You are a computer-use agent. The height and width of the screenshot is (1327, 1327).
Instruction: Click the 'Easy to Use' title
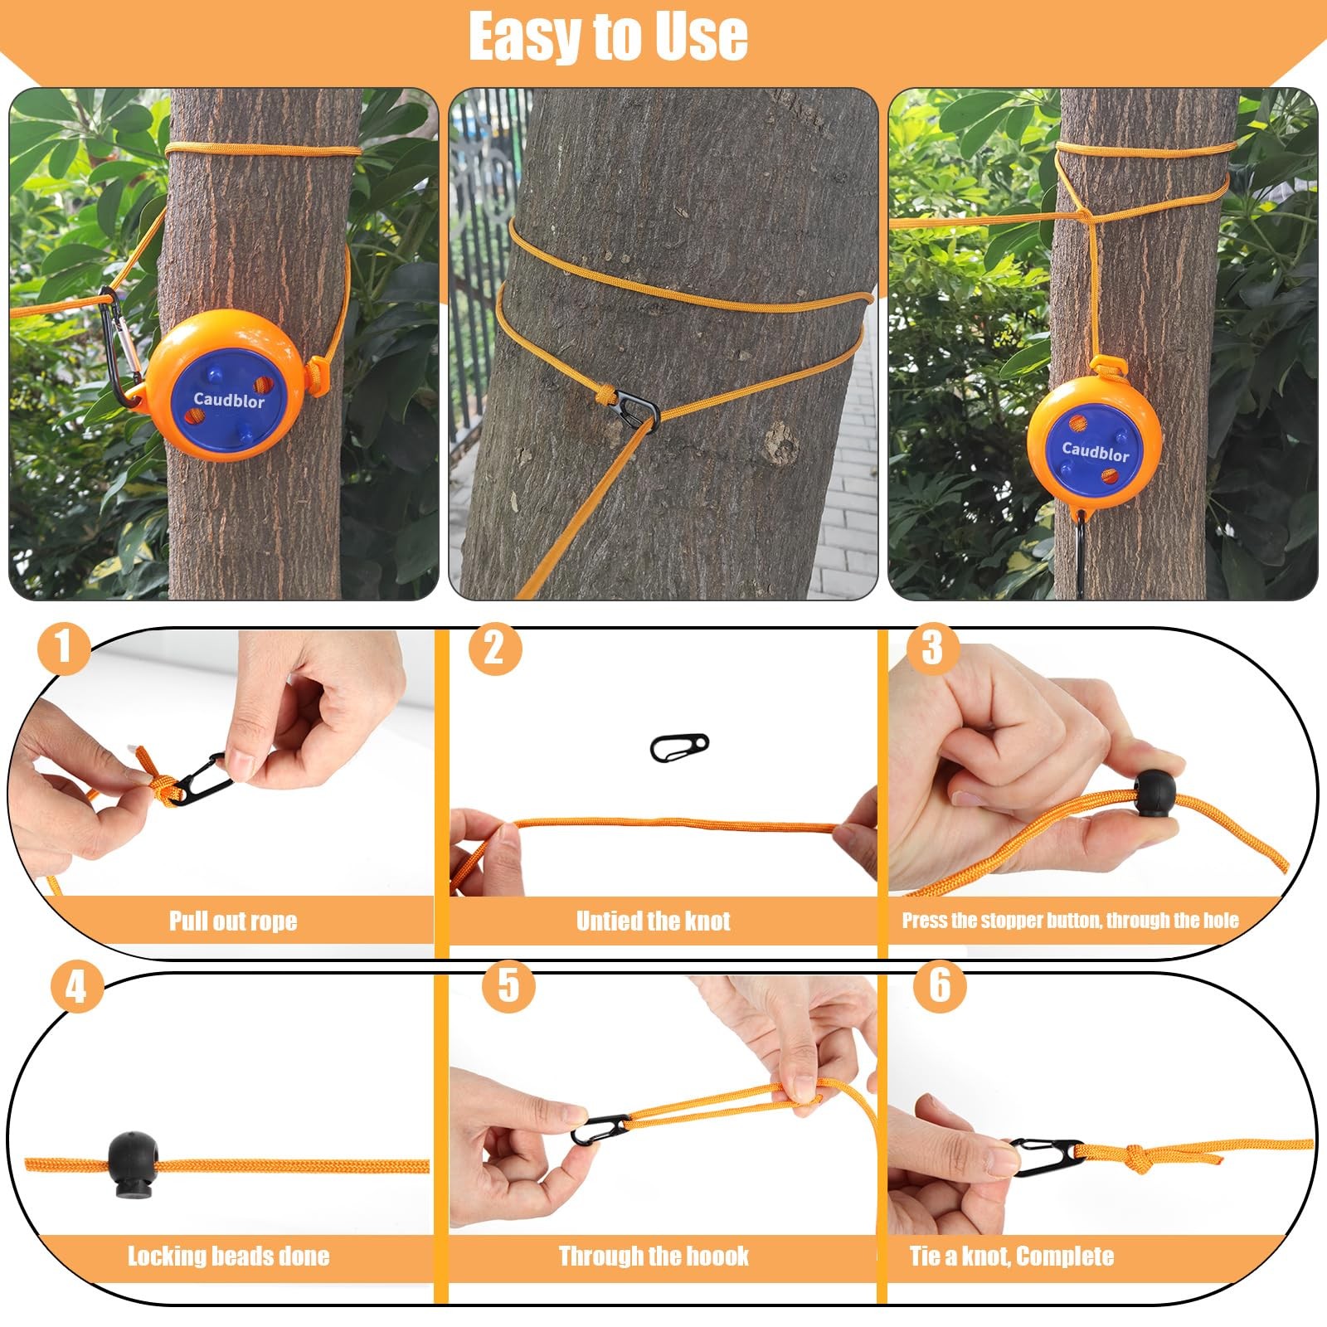pos(608,36)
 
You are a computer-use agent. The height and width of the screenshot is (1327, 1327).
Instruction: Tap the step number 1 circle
pos(64,647)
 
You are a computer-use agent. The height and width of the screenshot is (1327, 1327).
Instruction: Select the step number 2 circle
pos(495,647)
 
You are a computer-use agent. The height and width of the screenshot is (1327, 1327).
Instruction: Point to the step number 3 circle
pos(932,647)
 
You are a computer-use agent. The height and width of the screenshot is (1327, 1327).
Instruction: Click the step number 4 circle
pos(76,987)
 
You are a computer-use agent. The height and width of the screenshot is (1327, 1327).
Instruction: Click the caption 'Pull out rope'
pos(233,921)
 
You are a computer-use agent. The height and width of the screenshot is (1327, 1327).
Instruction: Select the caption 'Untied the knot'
pos(654,921)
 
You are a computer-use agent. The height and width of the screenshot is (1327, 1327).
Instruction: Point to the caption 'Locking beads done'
pos(229,1256)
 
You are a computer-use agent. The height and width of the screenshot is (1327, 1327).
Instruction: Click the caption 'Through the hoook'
pos(654,1256)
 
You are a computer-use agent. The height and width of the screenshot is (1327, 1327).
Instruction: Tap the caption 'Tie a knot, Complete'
pos(1012,1256)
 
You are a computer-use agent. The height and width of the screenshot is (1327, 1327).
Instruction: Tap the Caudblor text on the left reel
pos(229,400)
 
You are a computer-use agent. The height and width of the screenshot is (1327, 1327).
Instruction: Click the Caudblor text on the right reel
pos(1096,451)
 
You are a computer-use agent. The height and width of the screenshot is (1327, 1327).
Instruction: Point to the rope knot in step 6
pos(1138,1159)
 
